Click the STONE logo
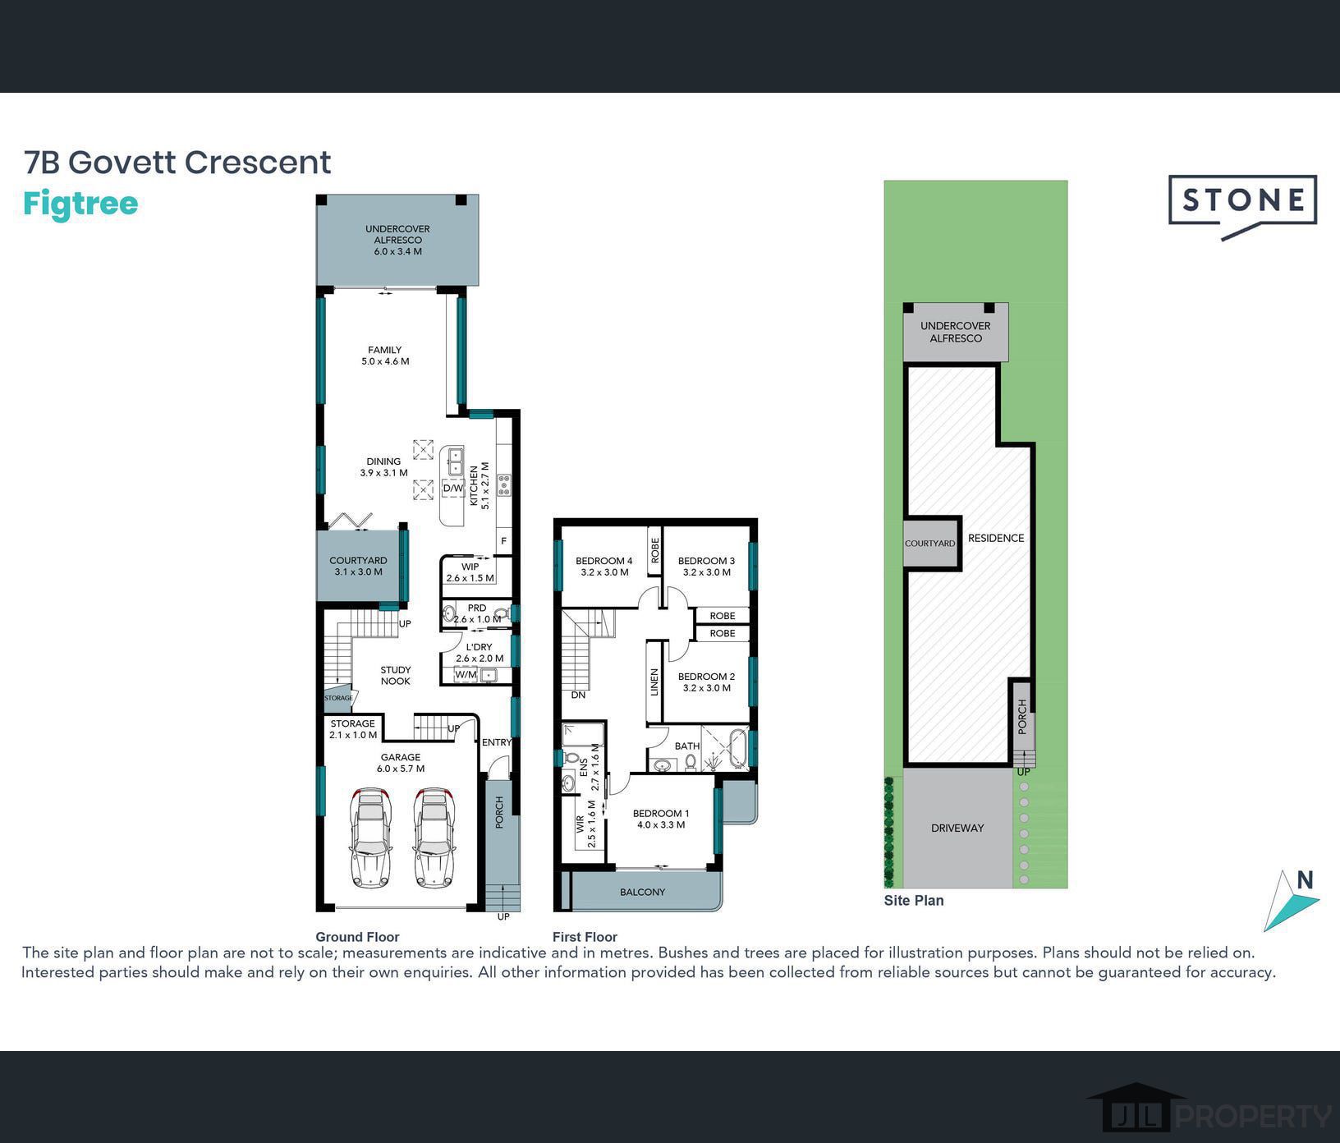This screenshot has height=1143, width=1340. [1242, 206]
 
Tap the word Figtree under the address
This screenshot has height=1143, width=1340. [80, 204]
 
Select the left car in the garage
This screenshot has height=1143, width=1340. [370, 838]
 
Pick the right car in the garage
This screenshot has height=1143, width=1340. [434, 838]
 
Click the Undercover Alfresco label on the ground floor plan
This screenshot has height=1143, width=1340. [397, 240]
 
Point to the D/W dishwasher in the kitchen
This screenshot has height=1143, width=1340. [453, 488]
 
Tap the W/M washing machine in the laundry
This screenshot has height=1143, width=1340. [466, 675]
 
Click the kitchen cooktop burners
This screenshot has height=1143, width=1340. [503, 484]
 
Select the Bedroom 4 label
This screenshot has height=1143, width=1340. [604, 567]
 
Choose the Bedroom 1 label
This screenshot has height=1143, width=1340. [661, 819]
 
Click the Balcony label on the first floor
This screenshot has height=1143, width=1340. [643, 892]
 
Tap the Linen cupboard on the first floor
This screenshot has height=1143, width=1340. [654, 682]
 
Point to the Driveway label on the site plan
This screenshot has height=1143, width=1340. [957, 828]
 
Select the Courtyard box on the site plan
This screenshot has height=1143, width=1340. [931, 543]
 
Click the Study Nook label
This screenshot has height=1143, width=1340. [396, 676]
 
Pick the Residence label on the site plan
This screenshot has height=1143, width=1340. [996, 539]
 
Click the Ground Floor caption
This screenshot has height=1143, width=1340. [357, 937]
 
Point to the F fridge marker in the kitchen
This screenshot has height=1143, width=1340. [503, 541]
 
